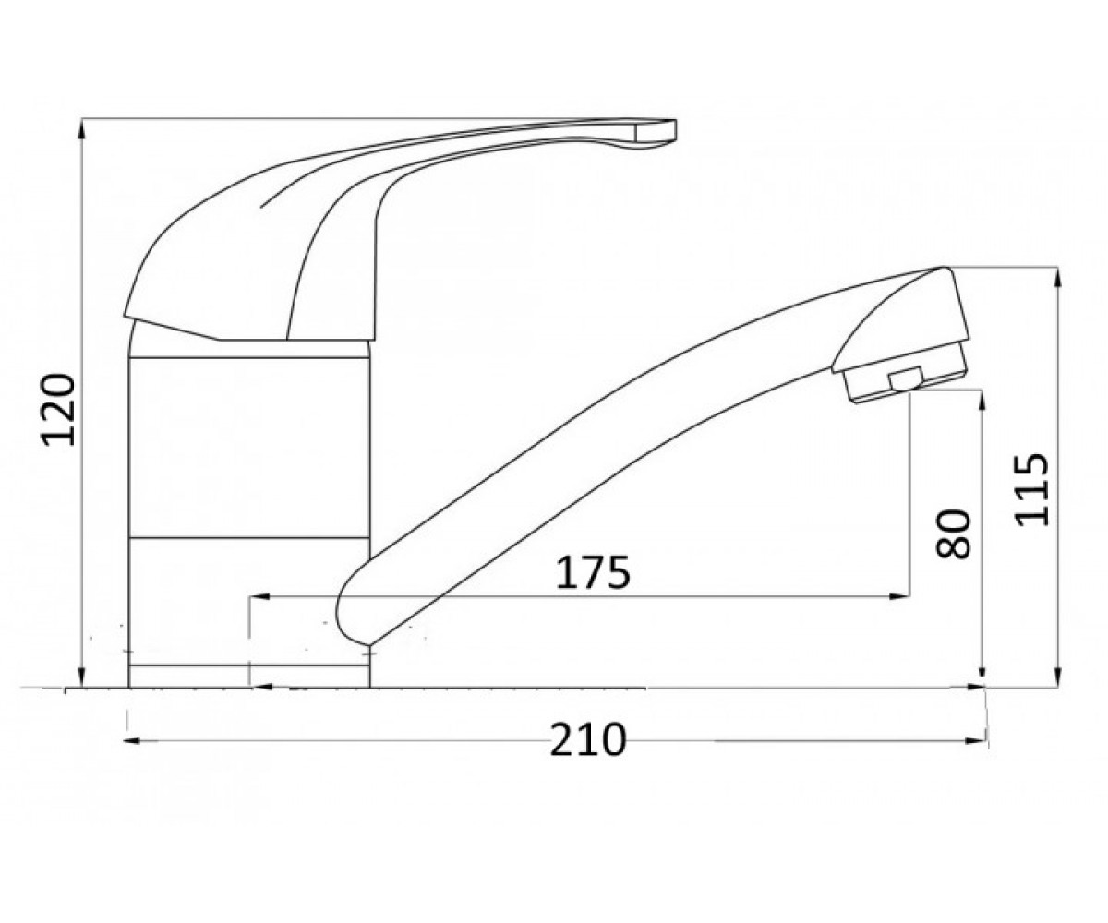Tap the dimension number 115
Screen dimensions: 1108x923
(1031, 489)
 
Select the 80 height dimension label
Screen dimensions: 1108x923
(953, 534)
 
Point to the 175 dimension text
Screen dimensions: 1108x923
(593, 572)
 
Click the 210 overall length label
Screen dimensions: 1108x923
(588, 739)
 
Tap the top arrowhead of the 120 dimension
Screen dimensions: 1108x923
(81, 129)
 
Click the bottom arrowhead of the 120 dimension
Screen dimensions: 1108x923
(81, 677)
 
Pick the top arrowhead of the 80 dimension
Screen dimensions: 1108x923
(982, 402)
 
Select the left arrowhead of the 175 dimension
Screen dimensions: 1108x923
(260, 597)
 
